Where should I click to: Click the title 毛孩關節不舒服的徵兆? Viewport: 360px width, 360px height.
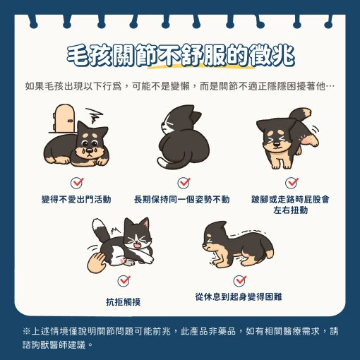pos(181,56)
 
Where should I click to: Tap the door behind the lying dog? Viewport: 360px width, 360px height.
pos(64,118)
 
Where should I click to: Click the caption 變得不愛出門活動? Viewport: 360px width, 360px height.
pos(76,200)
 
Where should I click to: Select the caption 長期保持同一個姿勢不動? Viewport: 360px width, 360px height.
pos(181,200)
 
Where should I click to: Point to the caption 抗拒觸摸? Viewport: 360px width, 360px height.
pos(124,301)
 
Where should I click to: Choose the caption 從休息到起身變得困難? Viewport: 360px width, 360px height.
pos(239,296)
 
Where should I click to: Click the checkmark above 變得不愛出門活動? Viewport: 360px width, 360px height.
pos(77,183)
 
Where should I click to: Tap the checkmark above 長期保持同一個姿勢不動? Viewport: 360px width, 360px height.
pos(184,183)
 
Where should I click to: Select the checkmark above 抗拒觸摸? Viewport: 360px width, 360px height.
pos(124,280)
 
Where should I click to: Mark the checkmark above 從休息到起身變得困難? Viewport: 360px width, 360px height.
pos(240,280)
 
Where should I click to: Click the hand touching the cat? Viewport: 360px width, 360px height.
pos(96,263)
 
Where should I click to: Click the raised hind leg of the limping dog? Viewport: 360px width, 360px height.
pos(308,140)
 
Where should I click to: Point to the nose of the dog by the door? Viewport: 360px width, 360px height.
pos(90,150)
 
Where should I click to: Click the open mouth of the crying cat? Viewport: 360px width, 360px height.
pos(137,246)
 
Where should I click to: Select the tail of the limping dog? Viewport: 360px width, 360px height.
pos(300,114)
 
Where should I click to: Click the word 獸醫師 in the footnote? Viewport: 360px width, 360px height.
pos(54,345)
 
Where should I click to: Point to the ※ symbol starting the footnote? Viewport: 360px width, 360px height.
pos(26,331)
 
